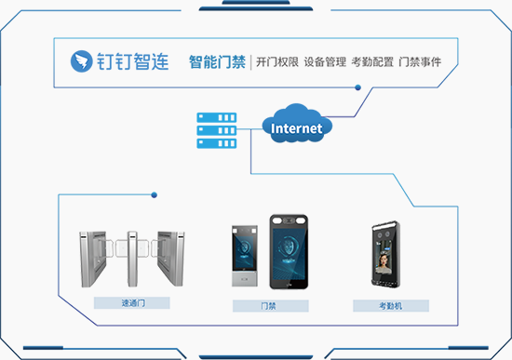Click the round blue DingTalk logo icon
pyautogui.click(x=81, y=61)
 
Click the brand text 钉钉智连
pyautogui.click(x=133, y=61)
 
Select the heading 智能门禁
pyautogui.click(x=217, y=61)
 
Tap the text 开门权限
pyautogui.click(x=277, y=61)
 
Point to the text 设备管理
pyautogui.click(x=325, y=61)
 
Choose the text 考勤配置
pyautogui.click(x=372, y=61)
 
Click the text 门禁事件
pyautogui.click(x=420, y=61)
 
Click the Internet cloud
pyautogui.click(x=297, y=124)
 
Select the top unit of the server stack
pyautogui.click(x=217, y=117)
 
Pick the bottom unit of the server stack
pyautogui.click(x=217, y=143)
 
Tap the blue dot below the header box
pyautogui.click(x=357, y=87)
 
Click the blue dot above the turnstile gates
pyautogui.click(x=155, y=195)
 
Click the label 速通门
pyautogui.click(x=133, y=303)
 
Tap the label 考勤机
pyautogui.click(x=391, y=306)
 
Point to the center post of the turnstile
pyautogui.click(x=132, y=259)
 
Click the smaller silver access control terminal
pyautogui.click(x=245, y=256)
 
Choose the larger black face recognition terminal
pyautogui.click(x=289, y=252)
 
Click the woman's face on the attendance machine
pyautogui.click(x=383, y=260)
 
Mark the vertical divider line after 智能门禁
pyautogui.click(x=250, y=62)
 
